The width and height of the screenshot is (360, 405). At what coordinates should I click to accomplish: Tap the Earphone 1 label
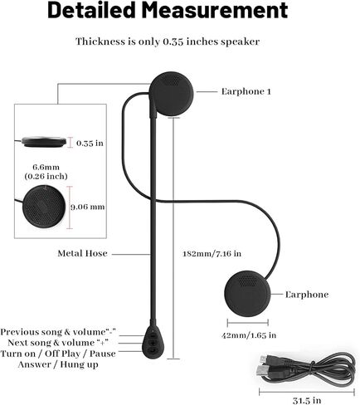pos(246,91)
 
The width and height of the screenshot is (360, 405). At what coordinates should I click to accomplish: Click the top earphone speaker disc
pos(172,94)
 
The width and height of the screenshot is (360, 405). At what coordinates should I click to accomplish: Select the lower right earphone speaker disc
pos(247,294)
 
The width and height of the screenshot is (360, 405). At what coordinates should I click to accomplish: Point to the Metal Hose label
pos(82,253)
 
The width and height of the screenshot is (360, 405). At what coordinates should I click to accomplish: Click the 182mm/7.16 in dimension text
pos(212,254)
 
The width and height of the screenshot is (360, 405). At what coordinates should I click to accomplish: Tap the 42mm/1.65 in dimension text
pos(249,335)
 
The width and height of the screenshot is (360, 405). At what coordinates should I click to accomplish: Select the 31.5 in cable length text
pos(307,400)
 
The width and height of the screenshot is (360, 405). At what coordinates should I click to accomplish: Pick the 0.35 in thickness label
pos(90,143)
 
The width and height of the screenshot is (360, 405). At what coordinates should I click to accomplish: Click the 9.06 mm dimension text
pos(88,207)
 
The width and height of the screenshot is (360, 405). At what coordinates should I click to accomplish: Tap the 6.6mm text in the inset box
pos(46,167)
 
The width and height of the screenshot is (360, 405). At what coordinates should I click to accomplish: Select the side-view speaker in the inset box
pos(44,142)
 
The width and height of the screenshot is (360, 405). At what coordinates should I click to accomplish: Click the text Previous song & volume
pos(53,332)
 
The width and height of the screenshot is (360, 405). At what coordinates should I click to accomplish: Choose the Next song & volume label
pos(51,343)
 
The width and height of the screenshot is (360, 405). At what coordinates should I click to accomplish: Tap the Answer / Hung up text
pos(58,364)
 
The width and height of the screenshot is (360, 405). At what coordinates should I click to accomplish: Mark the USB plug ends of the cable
pos(264,365)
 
